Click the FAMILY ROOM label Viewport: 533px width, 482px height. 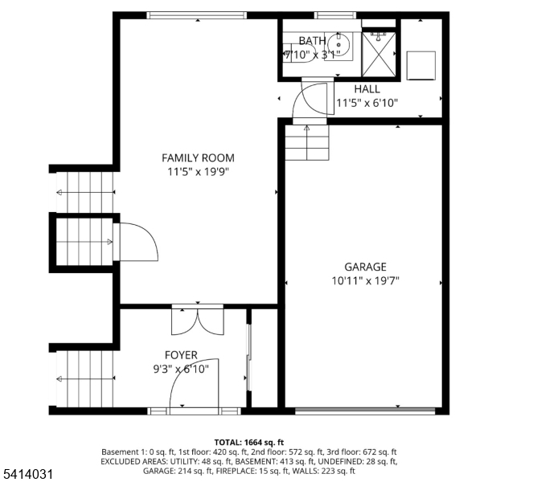(x=198, y=158)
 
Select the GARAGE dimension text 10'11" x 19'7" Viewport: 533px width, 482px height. (x=366, y=280)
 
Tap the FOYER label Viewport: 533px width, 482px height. (x=181, y=355)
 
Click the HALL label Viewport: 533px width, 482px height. (x=367, y=89)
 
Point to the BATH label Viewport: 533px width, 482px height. (x=312, y=41)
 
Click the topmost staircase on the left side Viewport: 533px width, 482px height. (x=85, y=193)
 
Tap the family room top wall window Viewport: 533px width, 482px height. (x=198, y=15)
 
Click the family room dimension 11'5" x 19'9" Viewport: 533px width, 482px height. (x=198, y=171)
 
